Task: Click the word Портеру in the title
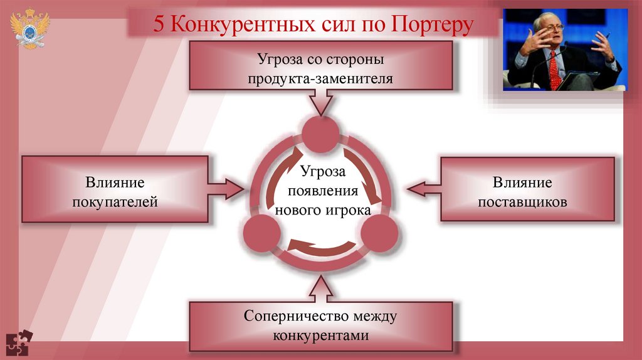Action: click(x=432, y=24)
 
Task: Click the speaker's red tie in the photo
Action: click(x=554, y=70)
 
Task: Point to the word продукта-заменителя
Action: click(x=320, y=79)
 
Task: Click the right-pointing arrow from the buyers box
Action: click(x=226, y=186)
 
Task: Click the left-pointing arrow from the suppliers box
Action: click(x=423, y=187)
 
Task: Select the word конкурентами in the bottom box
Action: click(x=320, y=335)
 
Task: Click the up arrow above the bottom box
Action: click(x=320, y=289)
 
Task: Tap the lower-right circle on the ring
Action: click(x=379, y=234)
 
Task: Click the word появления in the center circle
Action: click(x=320, y=191)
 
